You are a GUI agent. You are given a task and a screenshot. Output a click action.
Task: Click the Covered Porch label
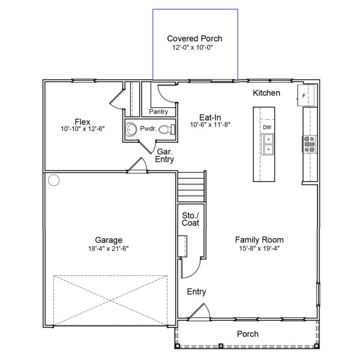coord(194,38)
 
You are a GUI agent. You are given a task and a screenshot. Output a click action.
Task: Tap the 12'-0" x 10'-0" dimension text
coord(194,47)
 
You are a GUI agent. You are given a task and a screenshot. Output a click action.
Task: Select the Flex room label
coord(83,121)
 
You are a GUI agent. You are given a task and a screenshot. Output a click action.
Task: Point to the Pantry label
coord(158,112)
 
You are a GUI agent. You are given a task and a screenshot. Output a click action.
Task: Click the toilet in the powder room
coord(172,129)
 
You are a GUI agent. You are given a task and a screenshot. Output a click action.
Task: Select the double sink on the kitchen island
coord(268,144)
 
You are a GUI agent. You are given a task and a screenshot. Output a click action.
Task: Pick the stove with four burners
coord(310,144)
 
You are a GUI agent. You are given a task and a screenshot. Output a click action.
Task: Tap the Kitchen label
coord(266,94)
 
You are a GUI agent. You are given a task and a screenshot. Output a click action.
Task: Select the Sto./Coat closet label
coord(190,219)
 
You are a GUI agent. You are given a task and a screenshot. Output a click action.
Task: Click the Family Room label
coord(259,239)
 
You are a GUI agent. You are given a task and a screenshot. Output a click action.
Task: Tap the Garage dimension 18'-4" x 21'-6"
coord(108,247)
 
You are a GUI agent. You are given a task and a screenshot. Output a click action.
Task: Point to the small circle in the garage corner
coord(55,180)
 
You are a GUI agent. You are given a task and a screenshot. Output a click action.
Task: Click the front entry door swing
coord(198,311)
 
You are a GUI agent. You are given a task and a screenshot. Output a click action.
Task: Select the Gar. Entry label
coord(164,155)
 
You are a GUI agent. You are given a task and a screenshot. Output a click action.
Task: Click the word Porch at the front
coord(247,334)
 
